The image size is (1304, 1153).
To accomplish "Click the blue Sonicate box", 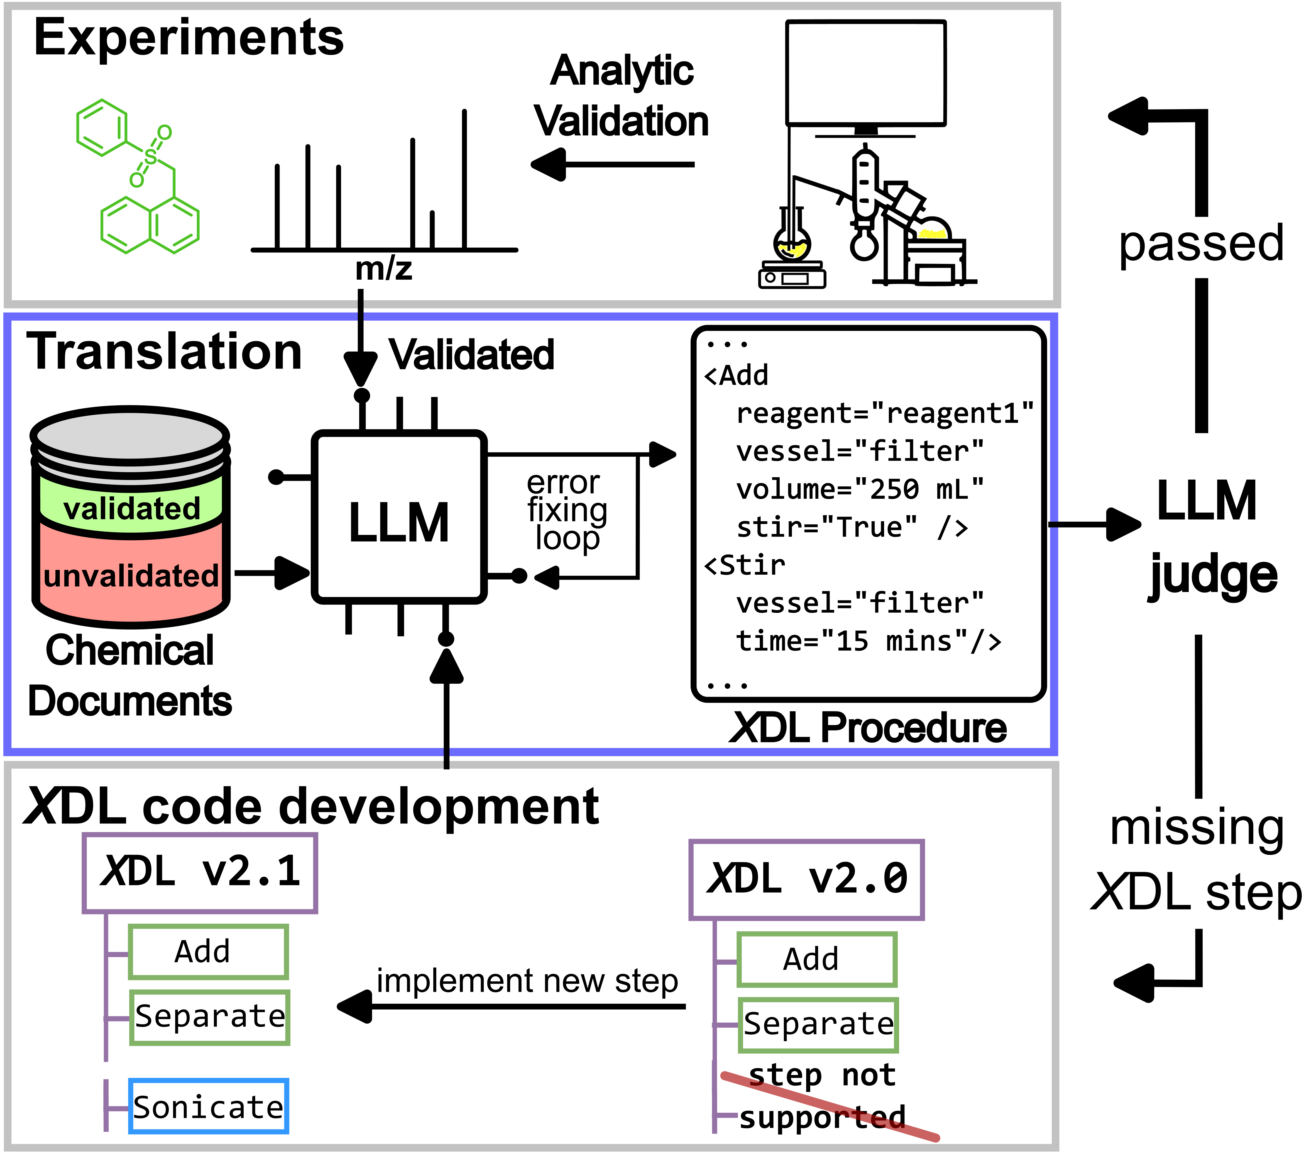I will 209,1106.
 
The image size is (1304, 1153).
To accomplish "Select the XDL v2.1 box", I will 200,872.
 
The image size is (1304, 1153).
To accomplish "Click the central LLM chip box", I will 399,517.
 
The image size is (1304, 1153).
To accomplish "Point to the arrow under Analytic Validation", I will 612,165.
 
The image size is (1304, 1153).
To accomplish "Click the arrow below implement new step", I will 510,1006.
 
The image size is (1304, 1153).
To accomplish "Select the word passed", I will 1201,244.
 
